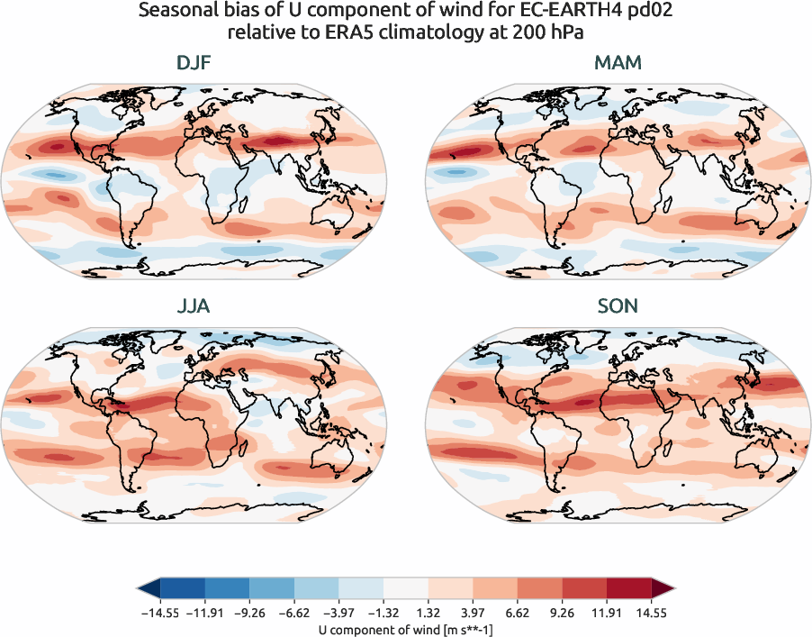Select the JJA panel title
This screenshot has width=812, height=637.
[x=194, y=306]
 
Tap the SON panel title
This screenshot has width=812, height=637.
[x=618, y=306]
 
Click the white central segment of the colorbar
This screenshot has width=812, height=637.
[x=406, y=588]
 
